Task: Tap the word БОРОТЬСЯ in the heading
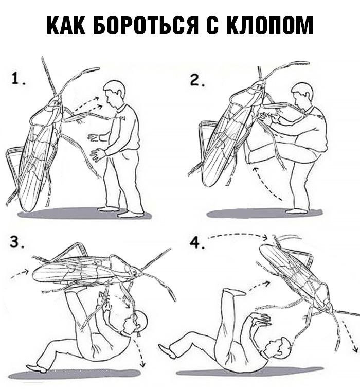pos(146,25)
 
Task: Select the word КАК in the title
pos(66,25)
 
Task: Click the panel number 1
pos(18,80)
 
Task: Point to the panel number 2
pos(197,80)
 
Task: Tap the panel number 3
pos(17,242)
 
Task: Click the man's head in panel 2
pos(302,96)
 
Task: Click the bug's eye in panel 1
pos(58,103)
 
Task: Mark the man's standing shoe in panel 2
pos(296,211)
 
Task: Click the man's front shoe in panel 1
pos(131,214)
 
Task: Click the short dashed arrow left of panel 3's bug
pos(20,274)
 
